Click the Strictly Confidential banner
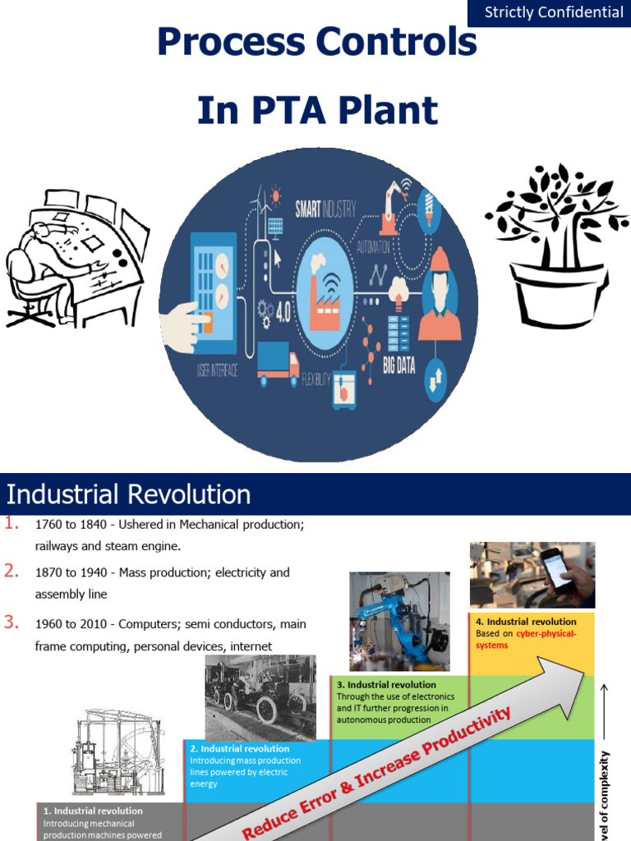tap(554, 12)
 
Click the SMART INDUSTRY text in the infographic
tap(326, 209)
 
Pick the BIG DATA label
tap(399, 365)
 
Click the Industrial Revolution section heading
tap(129, 494)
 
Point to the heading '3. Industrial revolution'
tap(386, 684)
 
